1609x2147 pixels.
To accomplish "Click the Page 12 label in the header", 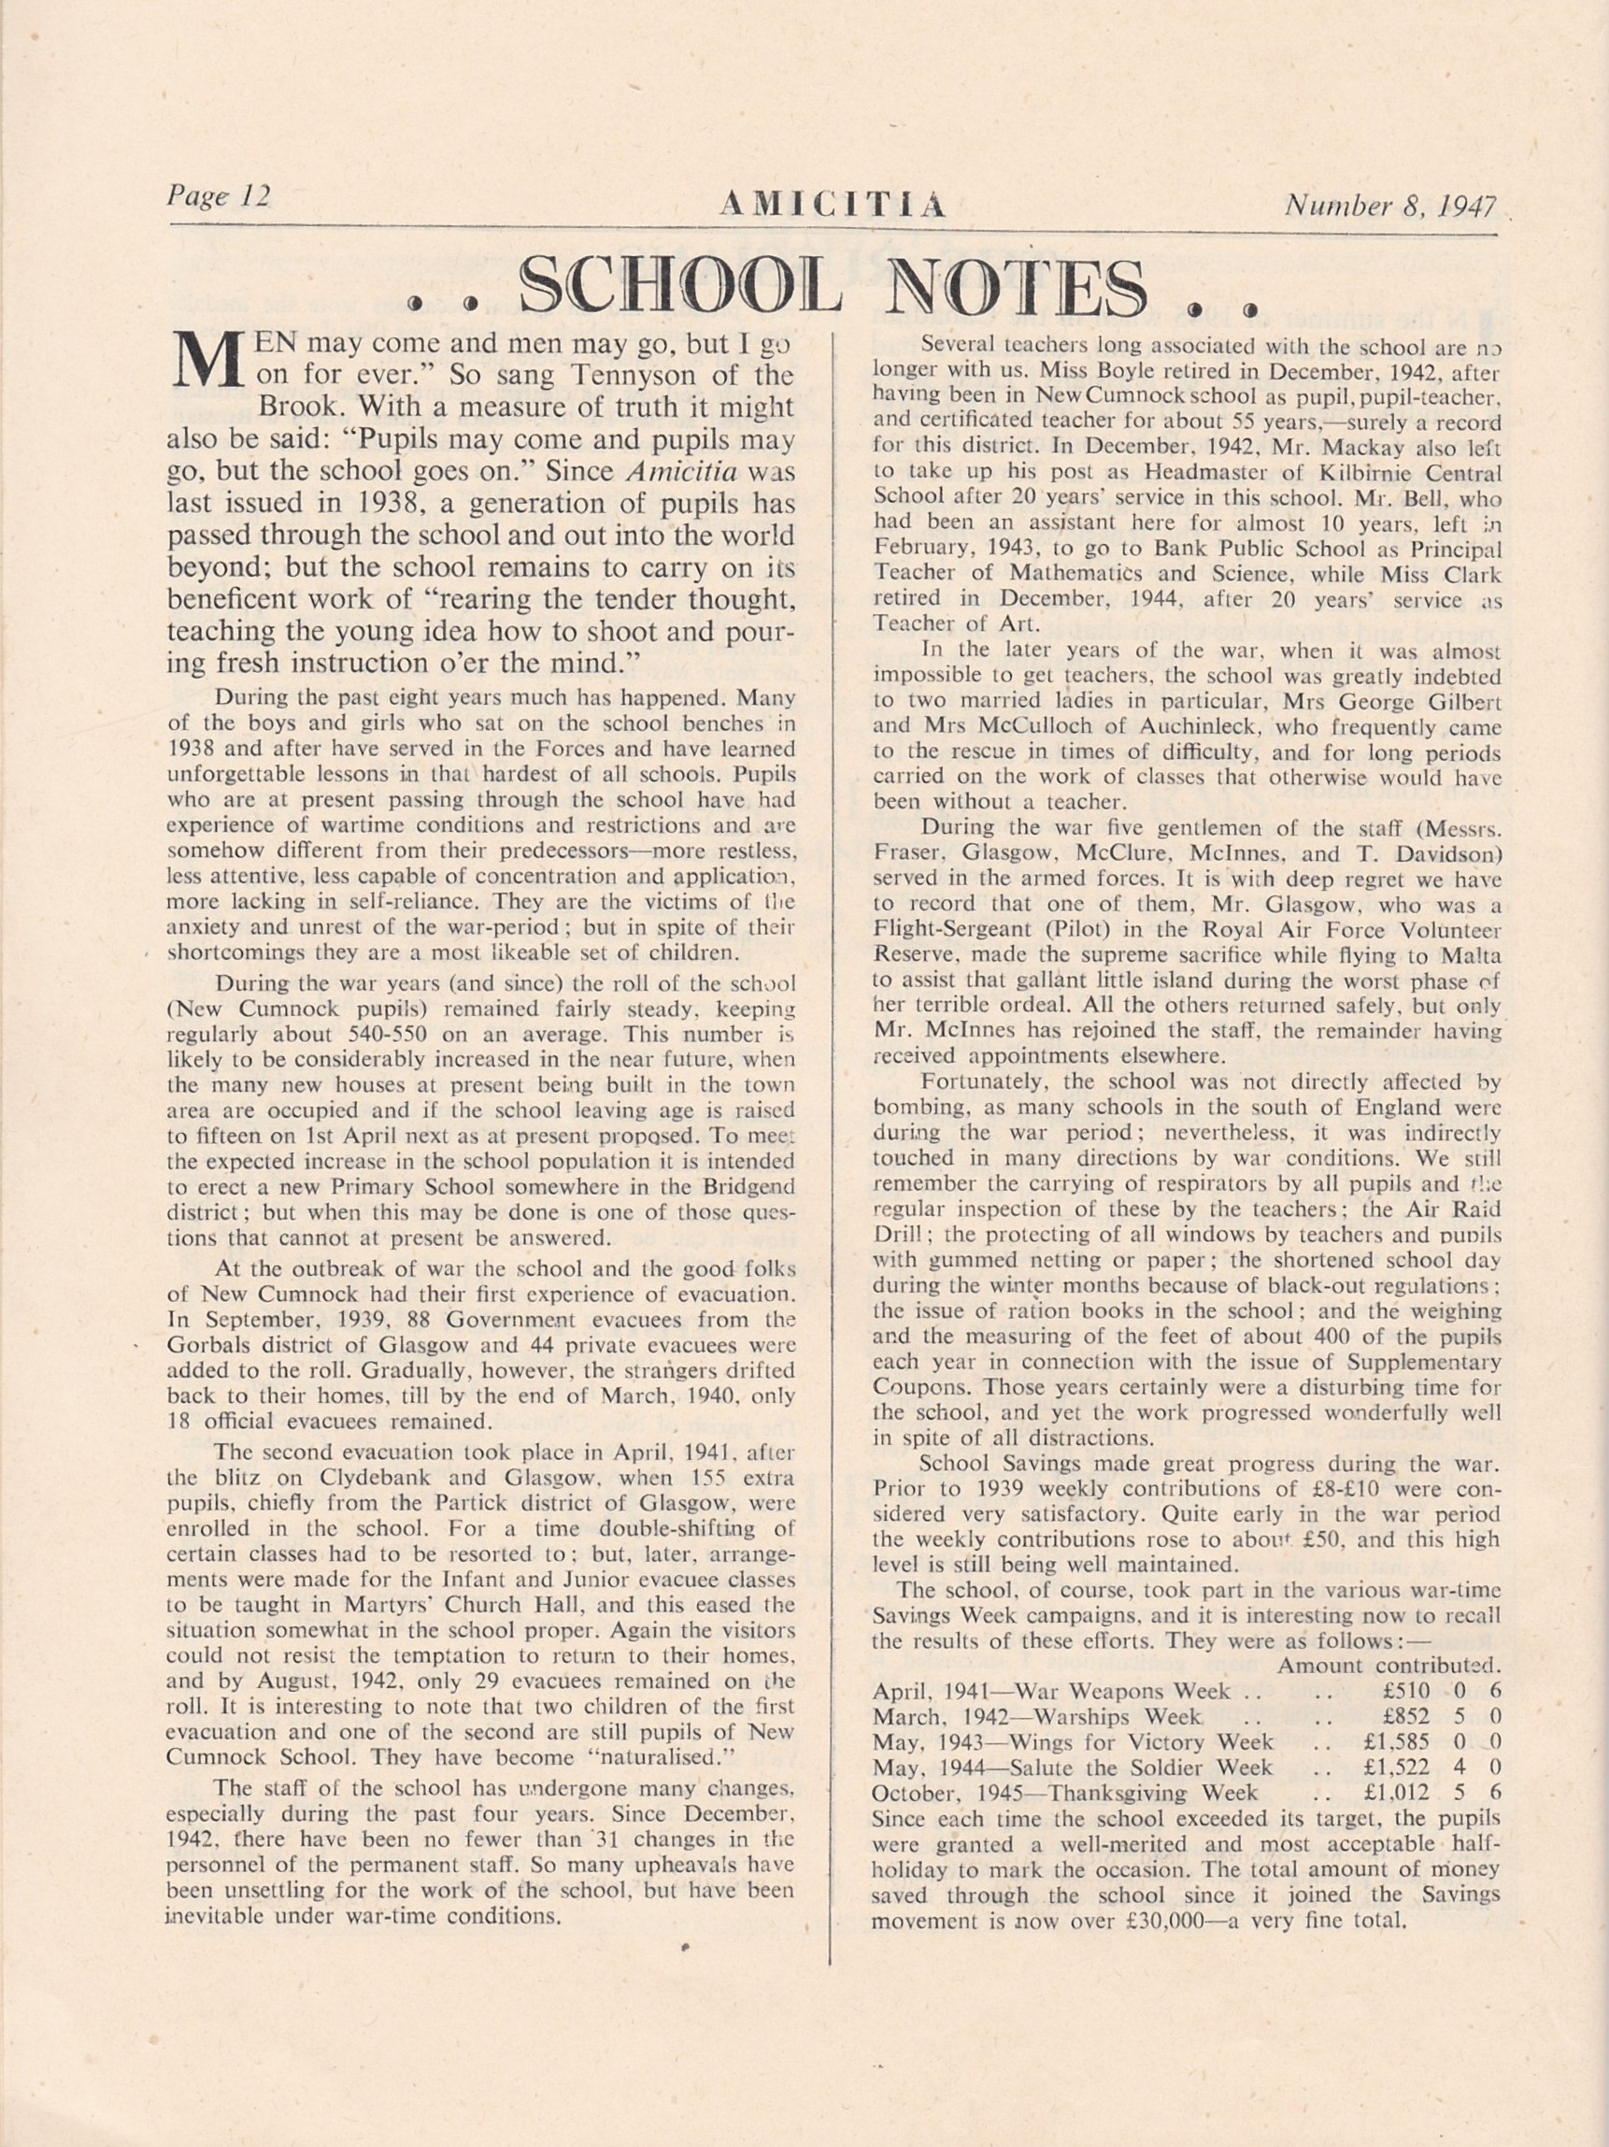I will pyautogui.click(x=219, y=196).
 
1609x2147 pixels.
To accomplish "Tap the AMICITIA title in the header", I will pyautogui.click(x=833, y=205).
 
